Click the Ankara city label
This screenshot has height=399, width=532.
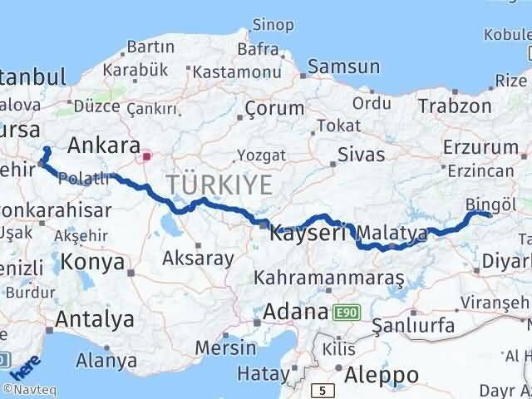point(103,146)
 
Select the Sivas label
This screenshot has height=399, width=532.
point(362,155)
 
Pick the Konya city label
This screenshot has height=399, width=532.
point(91,264)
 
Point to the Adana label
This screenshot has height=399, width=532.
point(296,313)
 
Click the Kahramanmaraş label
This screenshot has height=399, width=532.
point(329,277)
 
